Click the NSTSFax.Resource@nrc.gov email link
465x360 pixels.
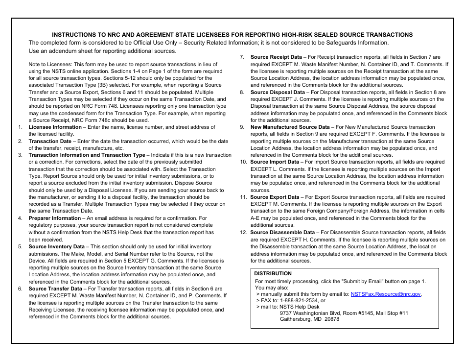[386, 294]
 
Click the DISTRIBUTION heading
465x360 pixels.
[273, 274]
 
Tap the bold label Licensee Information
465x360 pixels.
[55, 127]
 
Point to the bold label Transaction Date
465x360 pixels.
[50, 141]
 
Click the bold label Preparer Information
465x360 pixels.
[55, 218]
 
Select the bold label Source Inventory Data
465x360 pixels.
[57, 247]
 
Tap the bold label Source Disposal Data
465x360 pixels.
[278, 92]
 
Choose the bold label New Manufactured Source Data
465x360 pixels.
[290, 127]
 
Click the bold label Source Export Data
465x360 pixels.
[275, 197]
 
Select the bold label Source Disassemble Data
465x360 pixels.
[282, 233]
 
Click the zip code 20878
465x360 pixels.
[331, 319]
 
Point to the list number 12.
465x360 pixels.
[243, 233]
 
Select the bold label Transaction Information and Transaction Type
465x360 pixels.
[87, 155]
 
